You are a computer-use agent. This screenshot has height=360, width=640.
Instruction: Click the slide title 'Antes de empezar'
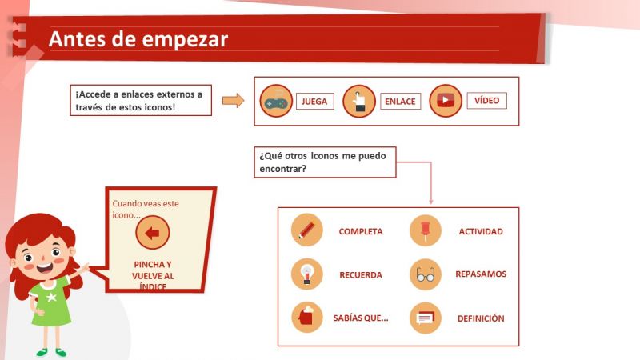[138, 39]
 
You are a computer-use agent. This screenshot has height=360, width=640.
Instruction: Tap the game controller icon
[276, 101]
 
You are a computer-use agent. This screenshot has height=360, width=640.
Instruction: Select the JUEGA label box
[314, 102]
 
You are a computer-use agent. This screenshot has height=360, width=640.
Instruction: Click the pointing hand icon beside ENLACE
[359, 101]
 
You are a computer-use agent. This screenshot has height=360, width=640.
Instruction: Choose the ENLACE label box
[400, 102]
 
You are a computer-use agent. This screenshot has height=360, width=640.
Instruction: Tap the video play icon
[446, 101]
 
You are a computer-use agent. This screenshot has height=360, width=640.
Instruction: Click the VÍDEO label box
[486, 101]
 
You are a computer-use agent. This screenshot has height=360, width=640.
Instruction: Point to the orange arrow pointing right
[233, 100]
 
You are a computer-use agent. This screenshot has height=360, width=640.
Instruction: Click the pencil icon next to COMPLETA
[307, 230]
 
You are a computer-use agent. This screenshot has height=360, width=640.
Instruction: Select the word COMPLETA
[361, 232]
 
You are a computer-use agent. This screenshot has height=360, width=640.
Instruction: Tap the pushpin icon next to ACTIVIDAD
[425, 230]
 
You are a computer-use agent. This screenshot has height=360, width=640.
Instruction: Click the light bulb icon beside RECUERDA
[307, 274]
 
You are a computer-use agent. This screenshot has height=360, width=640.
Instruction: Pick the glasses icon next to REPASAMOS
[425, 274]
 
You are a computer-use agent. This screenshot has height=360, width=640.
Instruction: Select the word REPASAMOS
[481, 274]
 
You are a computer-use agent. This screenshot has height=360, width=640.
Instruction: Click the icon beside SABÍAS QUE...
[307, 318]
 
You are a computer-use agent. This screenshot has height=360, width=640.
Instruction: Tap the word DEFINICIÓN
[481, 318]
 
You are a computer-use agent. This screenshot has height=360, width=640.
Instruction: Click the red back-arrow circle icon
[153, 234]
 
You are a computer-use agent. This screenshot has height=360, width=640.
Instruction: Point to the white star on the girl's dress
[52, 298]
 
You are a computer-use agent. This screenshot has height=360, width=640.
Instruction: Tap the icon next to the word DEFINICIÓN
[425, 318]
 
